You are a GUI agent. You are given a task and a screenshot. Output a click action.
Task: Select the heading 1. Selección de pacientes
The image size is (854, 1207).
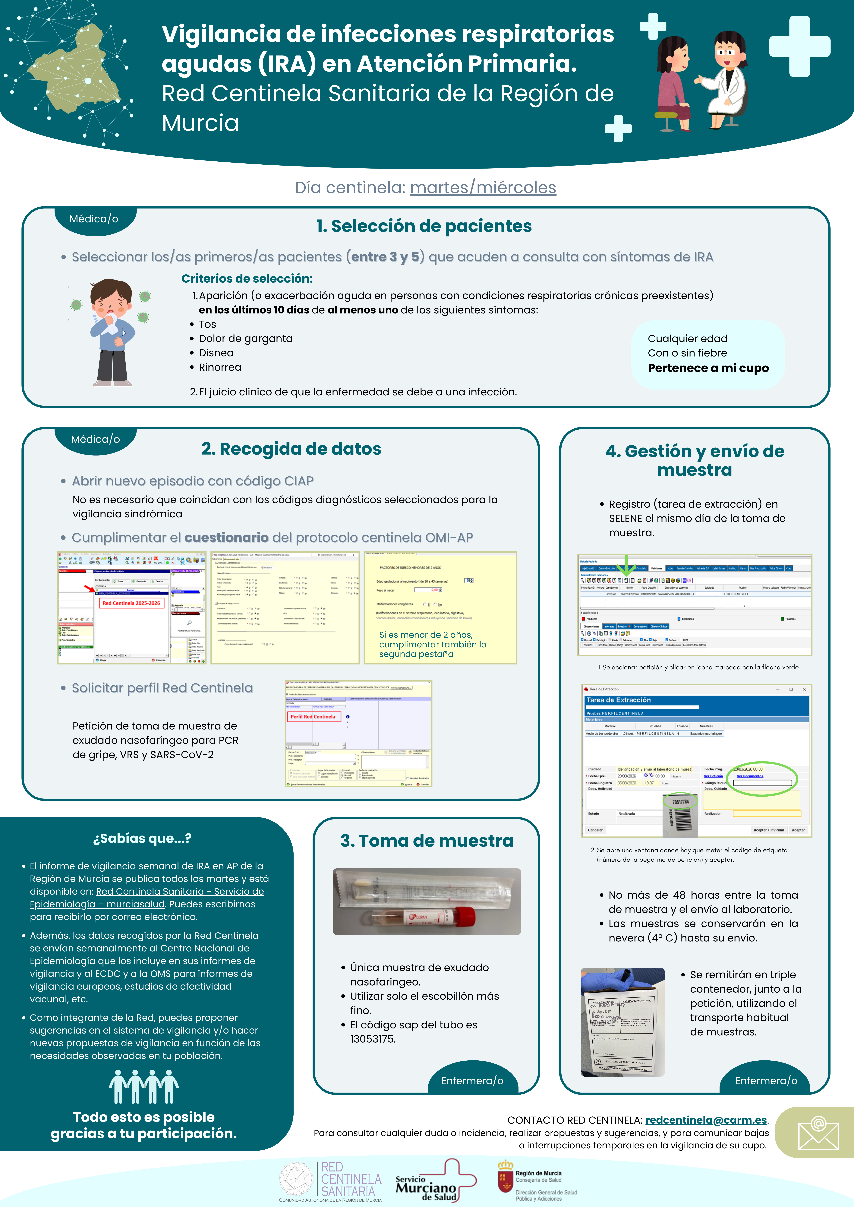424,226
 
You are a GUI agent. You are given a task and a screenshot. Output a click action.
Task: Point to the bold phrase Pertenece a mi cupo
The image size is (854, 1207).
708,368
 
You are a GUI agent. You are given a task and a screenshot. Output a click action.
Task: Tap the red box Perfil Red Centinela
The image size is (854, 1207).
313,717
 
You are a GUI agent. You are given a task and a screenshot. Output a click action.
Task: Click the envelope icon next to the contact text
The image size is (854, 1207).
818,1133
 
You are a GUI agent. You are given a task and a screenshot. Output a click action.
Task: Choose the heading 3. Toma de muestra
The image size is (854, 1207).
427,841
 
